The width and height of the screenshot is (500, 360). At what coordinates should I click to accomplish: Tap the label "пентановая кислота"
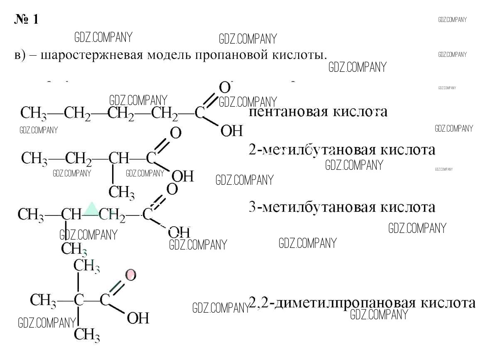[318, 112]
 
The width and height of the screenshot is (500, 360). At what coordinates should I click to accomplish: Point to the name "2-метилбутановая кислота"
[341, 149]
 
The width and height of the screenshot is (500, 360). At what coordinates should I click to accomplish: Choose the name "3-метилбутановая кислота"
[341, 206]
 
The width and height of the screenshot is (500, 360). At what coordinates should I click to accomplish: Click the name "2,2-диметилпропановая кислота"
[361, 302]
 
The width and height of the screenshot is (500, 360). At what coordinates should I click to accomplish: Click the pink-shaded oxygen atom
[130, 274]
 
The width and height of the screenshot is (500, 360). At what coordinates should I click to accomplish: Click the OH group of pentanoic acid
[231, 131]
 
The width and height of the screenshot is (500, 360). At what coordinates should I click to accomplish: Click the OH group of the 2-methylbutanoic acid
[183, 176]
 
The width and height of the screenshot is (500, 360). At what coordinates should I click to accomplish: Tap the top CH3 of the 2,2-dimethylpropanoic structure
[87, 266]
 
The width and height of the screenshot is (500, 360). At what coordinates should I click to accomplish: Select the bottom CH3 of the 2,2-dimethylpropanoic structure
[87, 334]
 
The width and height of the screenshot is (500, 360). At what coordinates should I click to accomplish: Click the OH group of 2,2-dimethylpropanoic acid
[138, 318]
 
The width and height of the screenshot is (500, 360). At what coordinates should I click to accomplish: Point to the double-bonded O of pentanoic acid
[224, 88]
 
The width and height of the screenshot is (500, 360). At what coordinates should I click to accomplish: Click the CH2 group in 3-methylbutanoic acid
[112, 215]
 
